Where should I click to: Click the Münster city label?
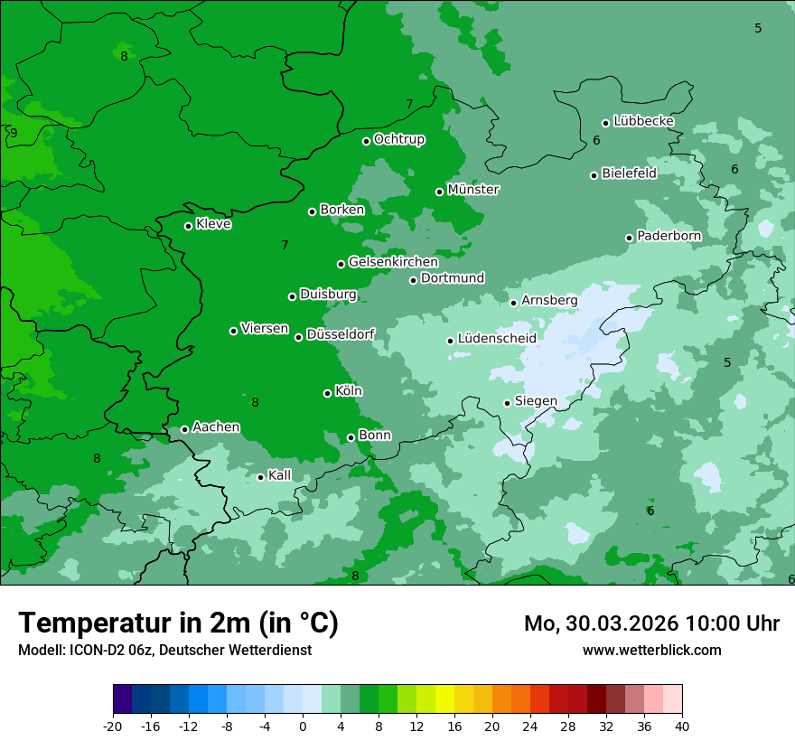[472, 190]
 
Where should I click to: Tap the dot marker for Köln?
[327, 393]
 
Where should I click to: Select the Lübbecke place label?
[643, 121]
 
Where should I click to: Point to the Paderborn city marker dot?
[630, 238]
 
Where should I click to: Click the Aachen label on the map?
[216, 427]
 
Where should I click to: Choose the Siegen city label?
[536, 401]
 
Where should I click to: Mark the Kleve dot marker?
[188, 226]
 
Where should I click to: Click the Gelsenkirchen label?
[393, 262]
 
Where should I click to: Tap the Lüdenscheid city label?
[497, 339]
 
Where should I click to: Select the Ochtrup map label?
[398, 139]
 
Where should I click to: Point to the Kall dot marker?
[260, 477]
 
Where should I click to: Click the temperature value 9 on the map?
[14, 134]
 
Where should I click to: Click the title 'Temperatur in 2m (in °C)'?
[178, 623]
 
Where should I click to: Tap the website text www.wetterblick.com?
[651, 650]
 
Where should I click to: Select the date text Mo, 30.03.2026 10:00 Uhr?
[651, 623]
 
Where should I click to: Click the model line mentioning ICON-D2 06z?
[164, 650]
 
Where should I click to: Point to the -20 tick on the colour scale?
[113, 727]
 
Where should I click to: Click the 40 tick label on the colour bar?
[682, 727]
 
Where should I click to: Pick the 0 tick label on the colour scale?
[303, 727]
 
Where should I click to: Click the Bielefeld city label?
[629, 173]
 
